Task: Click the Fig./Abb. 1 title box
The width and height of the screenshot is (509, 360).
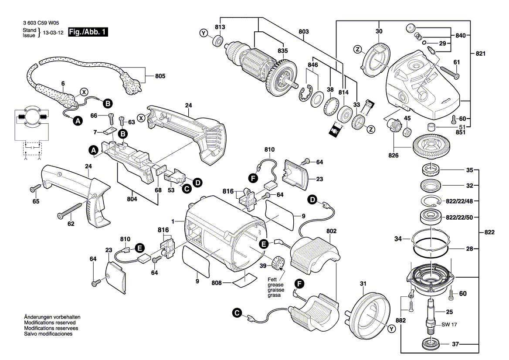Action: point(87,32)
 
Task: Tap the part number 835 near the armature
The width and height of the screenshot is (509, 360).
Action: point(282,50)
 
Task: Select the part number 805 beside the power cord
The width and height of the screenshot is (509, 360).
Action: point(160,76)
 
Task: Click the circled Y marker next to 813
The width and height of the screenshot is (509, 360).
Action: point(204,33)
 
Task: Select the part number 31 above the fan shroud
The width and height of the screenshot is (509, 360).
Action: point(363,285)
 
